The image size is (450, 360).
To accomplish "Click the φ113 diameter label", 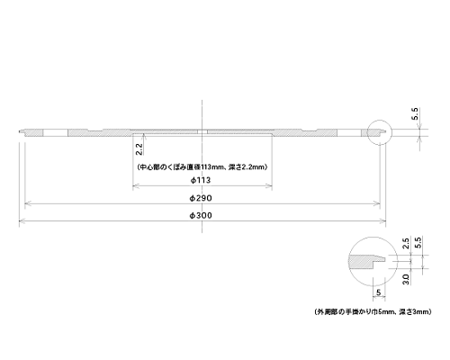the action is pos(201,180).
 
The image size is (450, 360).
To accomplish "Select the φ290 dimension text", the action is pos(201,198).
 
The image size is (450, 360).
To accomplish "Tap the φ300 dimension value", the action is pos(201,215).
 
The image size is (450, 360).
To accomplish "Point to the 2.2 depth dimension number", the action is pos(139,148).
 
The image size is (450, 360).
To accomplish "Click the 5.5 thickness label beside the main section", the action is pos(415,113).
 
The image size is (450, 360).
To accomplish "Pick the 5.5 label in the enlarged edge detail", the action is pos(418,242).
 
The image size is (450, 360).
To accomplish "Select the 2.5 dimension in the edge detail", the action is pos(406,243).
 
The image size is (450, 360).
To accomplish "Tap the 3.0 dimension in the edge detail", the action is pos(406,279).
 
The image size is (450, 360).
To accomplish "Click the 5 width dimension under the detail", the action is pos(379,292).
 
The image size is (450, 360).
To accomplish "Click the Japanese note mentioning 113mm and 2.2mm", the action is pos(202,167).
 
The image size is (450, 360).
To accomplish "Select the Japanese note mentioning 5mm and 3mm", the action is pos(373,312).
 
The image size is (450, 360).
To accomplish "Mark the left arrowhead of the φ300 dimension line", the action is pos(22,221).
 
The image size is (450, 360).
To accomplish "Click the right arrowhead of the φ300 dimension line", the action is pos(383,221).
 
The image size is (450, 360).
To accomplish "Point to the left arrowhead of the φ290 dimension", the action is pos(27,204).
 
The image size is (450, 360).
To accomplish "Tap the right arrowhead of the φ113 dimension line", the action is pos(269,186).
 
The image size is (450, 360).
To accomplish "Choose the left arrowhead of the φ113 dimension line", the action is pos(136,186).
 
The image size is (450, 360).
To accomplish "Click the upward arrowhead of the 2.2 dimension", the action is pos(144,137).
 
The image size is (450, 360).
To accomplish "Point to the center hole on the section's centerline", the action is pos(202,132).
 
